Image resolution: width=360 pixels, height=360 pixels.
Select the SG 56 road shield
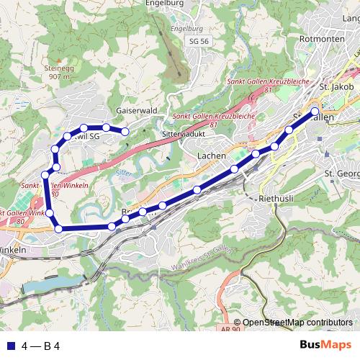(197, 42)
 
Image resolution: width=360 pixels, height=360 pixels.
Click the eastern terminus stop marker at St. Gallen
(315, 111)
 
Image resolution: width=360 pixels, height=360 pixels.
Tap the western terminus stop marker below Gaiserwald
(125, 131)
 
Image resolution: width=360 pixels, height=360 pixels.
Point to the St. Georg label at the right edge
(342, 174)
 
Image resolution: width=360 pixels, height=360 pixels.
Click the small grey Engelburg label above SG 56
(183, 29)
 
